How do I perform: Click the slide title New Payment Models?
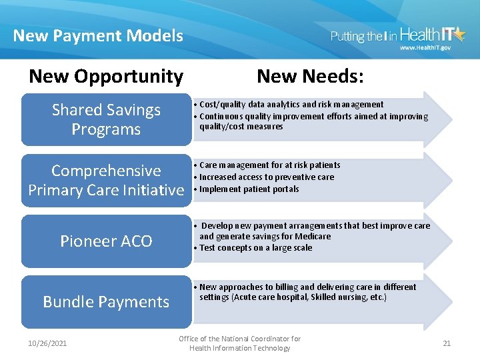pyautogui.click(x=98, y=35)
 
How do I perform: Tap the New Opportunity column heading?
pyautogui.click(x=106, y=77)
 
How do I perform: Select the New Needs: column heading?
pyautogui.click(x=310, y=77)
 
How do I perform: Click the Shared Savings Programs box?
pyautogui.click(x=106, y=119)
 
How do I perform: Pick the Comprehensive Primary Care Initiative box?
pyautogui.click(x=106, y=180)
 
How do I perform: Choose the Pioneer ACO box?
pyautogui.click(x=106, y=241)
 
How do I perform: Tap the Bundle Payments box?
pyautogui.click(x=106, y=301)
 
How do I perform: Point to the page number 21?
pyautogui.click(x=447, y=343)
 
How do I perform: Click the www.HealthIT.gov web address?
pyautogui.click(x=425, y=48)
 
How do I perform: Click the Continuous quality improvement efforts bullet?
pyautogui.click(x=313, y=121)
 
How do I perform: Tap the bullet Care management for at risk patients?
pyautogui.click(x=269, y=165)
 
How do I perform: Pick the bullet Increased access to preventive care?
pyautogui.click(x=267, y=177)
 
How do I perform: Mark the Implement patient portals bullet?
pyautogui.click(x=249, y=189)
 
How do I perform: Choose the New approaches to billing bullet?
pyautogui.click(x=307, y=292)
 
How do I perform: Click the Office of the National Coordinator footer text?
pyautogui.click(x=240, y=343)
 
